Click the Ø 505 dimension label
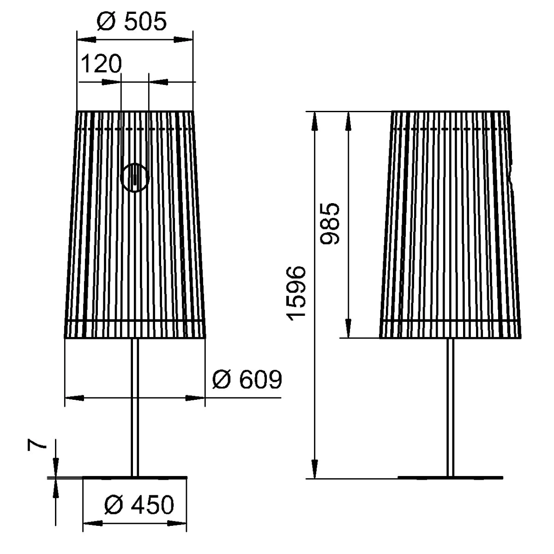tap(132, 21)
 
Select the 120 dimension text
tap(102, 64)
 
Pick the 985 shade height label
tap(330, 223)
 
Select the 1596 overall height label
tap(296, 294)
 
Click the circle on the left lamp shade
tap(135, 177)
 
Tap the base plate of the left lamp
tap(135, 478)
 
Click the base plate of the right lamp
tap(451, 478)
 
